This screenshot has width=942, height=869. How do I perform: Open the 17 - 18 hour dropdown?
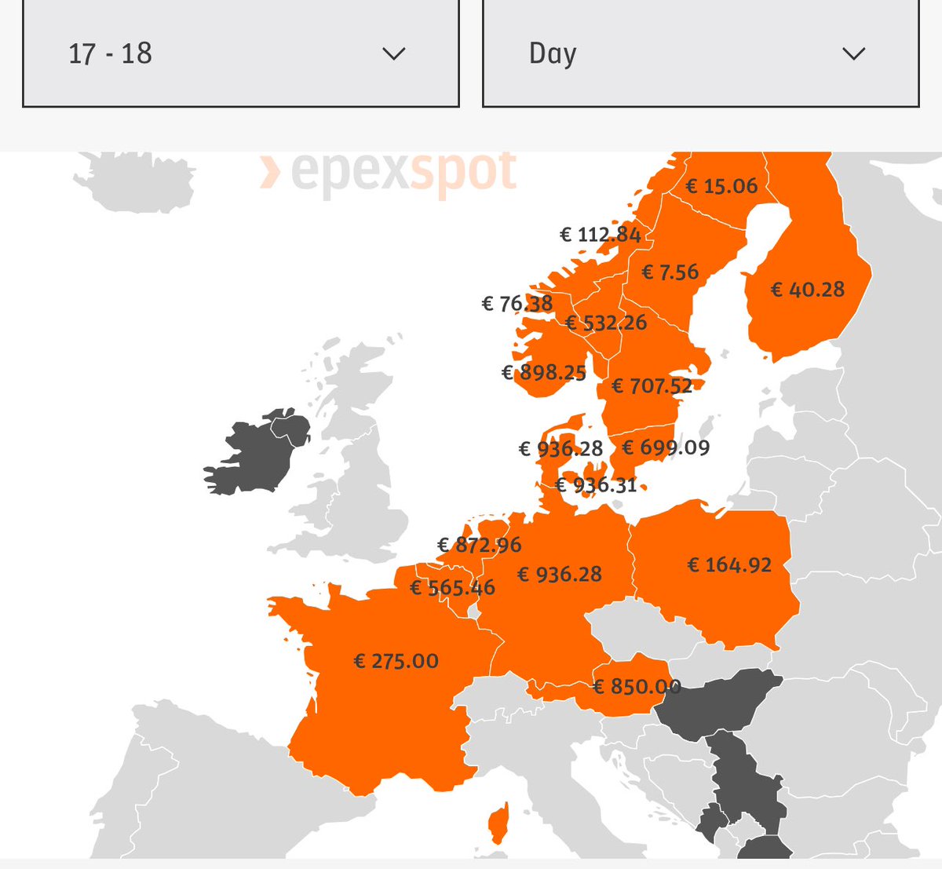pos(240,53)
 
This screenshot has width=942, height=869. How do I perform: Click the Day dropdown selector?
pos(700,53)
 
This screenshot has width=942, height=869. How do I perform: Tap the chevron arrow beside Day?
pos(853,53)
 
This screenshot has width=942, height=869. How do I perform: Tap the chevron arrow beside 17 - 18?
pos(393,53)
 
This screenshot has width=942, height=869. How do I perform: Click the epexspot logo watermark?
pos(389,171)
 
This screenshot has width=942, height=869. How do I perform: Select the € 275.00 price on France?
pos(396,661)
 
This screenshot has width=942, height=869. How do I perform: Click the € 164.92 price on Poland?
pos(729,565)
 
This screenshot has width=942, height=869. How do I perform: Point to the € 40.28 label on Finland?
pos(808,290)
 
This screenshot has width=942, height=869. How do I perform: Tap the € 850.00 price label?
pos(637,687)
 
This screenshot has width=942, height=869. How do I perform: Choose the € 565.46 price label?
pos(453,588)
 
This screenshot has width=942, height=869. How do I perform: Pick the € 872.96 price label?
pos(480,545)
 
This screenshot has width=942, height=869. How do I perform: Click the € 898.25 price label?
pos(544,373)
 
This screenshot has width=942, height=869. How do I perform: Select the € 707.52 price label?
pos(652,386)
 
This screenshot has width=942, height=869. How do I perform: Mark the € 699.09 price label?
pos(666,447)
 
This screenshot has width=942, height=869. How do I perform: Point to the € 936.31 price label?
pos(596,485)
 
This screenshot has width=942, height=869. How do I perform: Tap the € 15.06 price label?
pos(722,186)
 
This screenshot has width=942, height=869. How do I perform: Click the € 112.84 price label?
pos(601,235)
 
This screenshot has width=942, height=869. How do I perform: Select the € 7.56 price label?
pos(670,272)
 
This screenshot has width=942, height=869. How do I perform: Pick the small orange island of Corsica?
pos(498,824)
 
